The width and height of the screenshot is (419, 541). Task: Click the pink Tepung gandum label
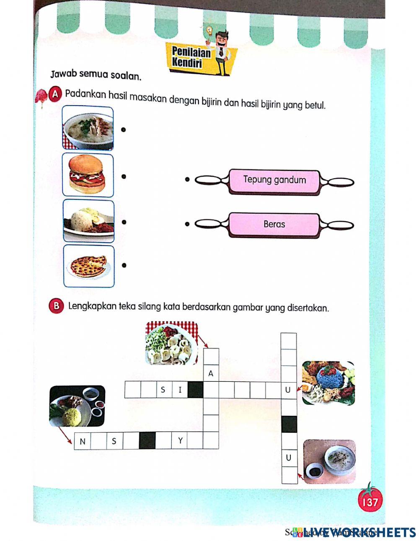click(x=274, y=181)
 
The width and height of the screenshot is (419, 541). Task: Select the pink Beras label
click(x=274, y=224)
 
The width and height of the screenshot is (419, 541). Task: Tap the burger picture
click(x=88, y=175)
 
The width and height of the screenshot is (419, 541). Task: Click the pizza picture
click(x=88, y=266)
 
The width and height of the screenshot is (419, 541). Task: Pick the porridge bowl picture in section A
click(x=88, y=128)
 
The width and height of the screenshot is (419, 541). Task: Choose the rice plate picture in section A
click(x=88, y=221)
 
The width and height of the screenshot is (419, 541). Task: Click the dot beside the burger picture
click(x=124, y=176)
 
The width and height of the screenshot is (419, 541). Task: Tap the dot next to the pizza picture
click(x=124, y=265)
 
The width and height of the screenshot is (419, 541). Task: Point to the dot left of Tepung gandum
click(x=187, y=180)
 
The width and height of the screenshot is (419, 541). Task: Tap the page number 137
click(x=370, y=502)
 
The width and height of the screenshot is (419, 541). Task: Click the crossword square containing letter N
click(x=83, y=441)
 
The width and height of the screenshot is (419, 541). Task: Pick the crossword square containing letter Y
click(x=180, y=441)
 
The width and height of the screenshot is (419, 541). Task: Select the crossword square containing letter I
click(x=180, y=390)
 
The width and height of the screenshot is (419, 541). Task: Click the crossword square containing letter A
click(x=211, y=373)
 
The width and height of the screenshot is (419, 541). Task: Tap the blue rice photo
click(x=328, y=383)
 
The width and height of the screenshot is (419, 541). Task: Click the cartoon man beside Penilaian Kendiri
click(x=222, y=52)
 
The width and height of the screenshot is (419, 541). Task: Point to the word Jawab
click(x=64, y=75)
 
